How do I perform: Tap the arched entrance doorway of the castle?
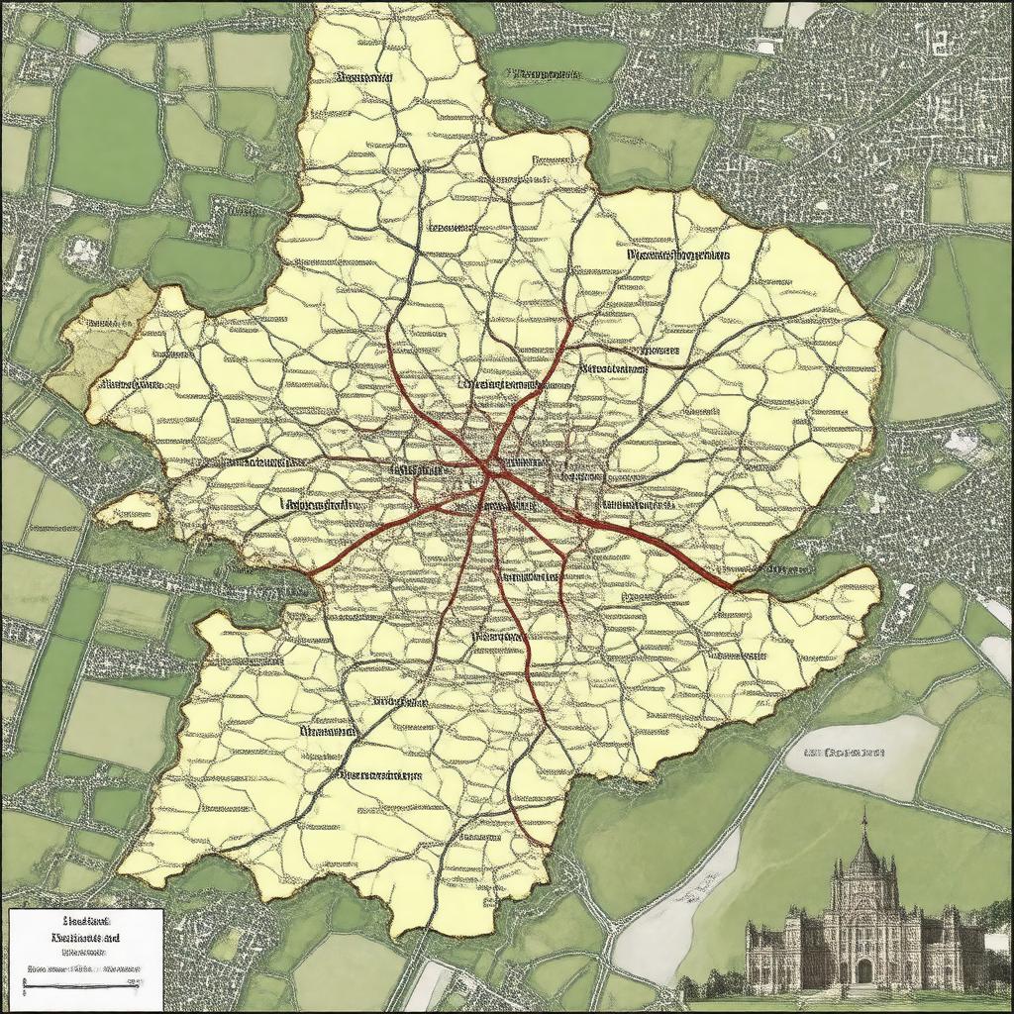pos(864,971)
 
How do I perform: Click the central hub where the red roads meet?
pos(491,469)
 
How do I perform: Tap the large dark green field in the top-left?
pos(104,134)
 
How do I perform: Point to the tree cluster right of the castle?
pos(995,951)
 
